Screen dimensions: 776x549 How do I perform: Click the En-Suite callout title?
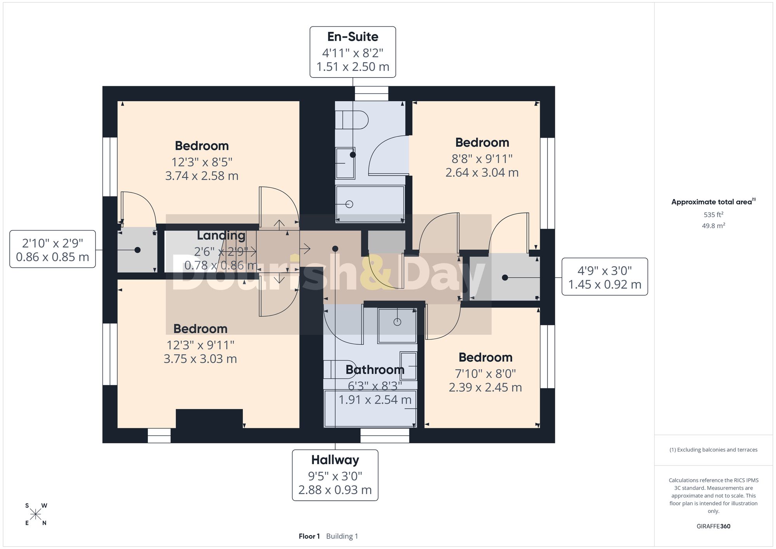[353, 36]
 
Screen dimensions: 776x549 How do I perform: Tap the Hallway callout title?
[335, 460]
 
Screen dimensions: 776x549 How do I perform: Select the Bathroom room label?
[375, 369]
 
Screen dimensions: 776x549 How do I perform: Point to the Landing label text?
[221, 236]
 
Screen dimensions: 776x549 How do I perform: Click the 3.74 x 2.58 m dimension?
[202, 176]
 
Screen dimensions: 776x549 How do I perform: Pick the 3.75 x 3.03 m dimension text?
[200, 359]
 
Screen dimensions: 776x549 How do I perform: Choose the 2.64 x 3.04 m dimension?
[482, 172]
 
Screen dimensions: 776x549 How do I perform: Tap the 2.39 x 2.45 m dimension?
[485, 387]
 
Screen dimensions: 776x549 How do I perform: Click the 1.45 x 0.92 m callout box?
[605, 277]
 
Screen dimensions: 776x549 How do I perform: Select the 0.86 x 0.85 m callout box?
[53, 249]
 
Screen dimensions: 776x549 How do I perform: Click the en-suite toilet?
[352, 120]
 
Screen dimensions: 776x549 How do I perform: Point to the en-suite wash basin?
[345, 163]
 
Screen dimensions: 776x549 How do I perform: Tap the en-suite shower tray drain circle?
[349, 204]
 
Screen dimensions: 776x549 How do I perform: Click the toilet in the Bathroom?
[334, 369]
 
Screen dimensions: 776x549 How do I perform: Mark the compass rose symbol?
[36, 514]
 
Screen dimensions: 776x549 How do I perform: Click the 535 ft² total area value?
[714, 214]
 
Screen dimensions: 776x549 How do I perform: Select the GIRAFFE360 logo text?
[714, 526]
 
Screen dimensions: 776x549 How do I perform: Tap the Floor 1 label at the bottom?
[309, 536]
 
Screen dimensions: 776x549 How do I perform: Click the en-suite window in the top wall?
[372, 94]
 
